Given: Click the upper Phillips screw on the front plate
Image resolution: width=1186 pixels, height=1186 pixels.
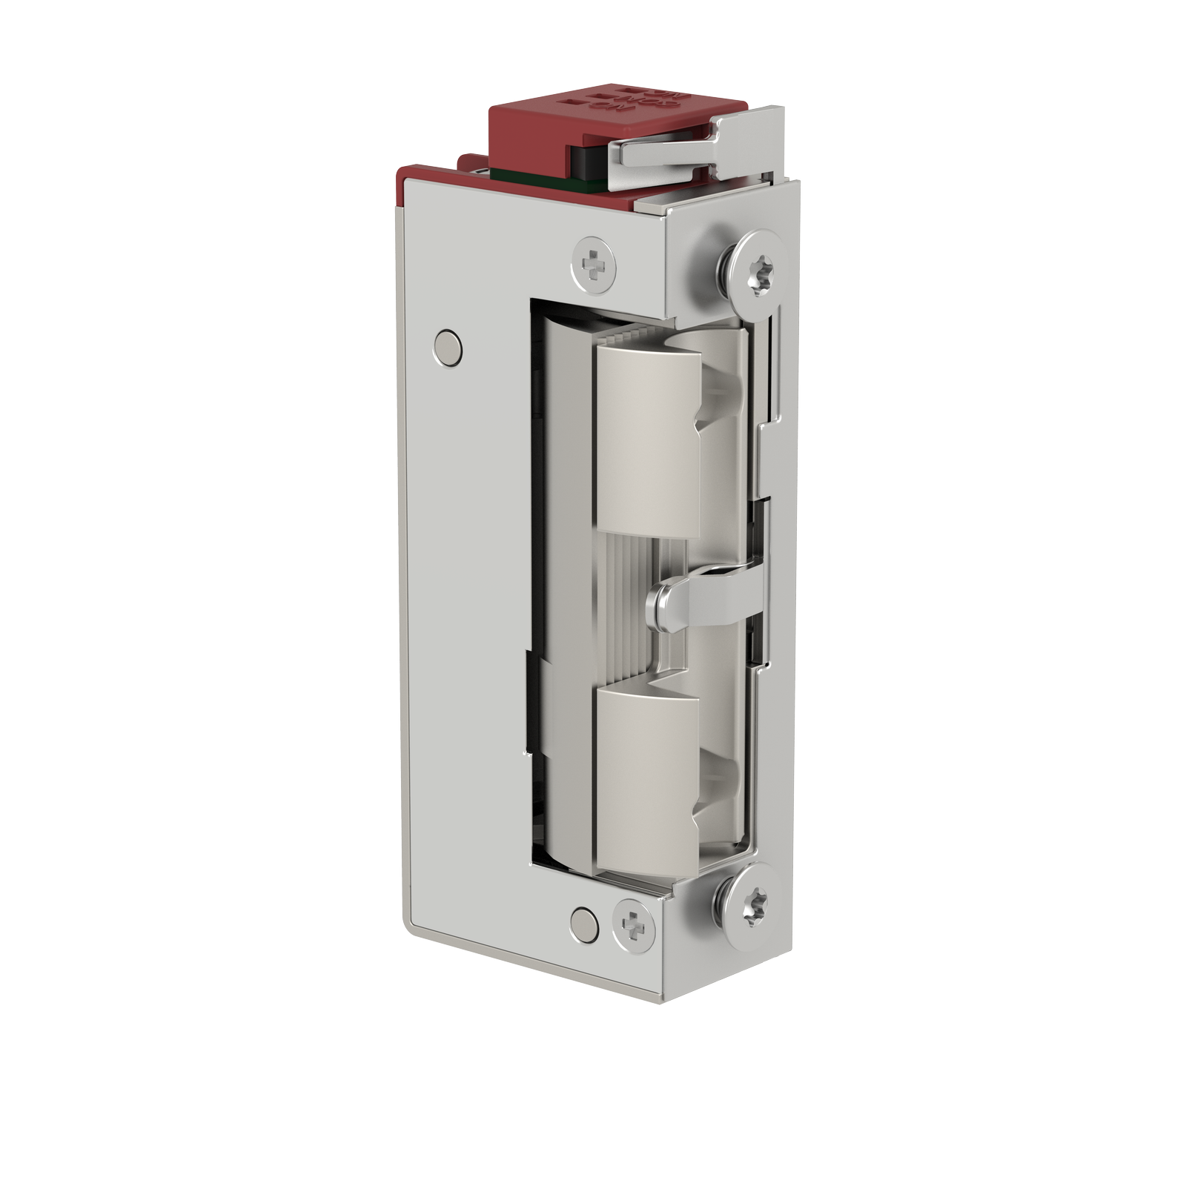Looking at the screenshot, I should coord(594,262).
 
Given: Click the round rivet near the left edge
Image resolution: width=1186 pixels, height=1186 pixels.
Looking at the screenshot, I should coord(447,347).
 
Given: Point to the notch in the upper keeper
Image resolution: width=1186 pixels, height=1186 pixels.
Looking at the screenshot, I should coord(715,415).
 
